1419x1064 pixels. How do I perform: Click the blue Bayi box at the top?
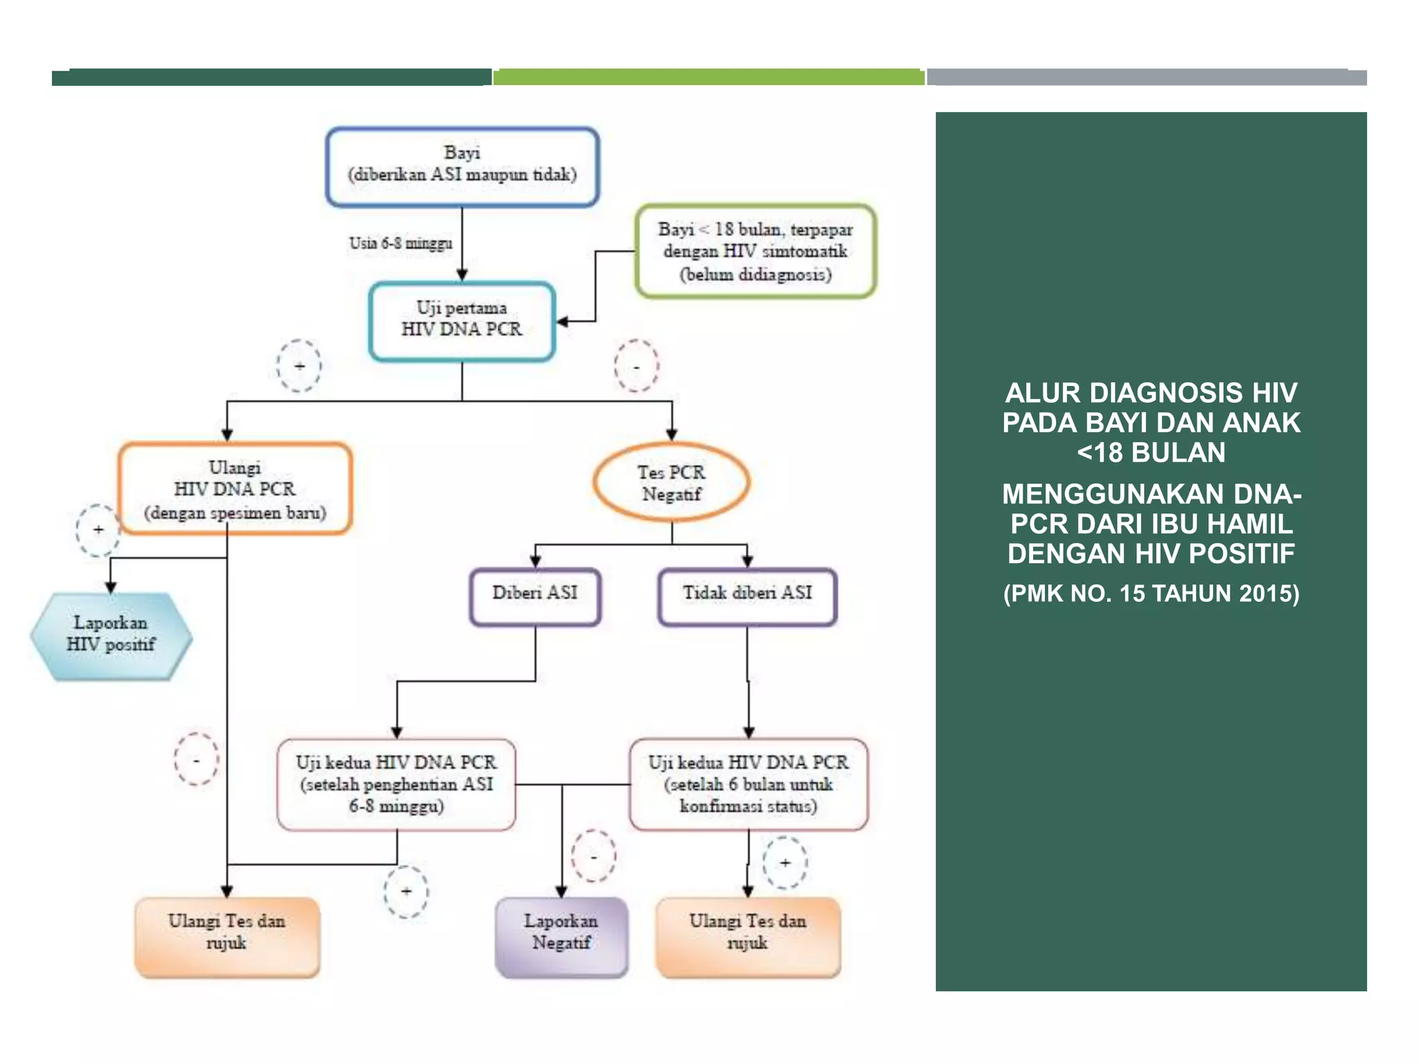pyautogui.click(x=462, y=166)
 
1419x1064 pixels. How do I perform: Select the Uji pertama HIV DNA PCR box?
pyautogui.click(x=462, y=321)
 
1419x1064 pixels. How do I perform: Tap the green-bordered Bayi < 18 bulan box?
pyautogui.click(x=755, y=251)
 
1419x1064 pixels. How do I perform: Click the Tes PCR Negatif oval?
pyautogui.click(x=671, y=483)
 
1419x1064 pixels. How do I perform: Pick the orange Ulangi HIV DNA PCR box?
pyautogui.click(x=235, y=489)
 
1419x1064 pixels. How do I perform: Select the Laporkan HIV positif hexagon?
pyautogui.click(x=111, y=635)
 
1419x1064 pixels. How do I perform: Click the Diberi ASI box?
pyautogui.click(x=535, y=596)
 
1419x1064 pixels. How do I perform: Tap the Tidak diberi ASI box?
pyautogui.click(x=747, y=596)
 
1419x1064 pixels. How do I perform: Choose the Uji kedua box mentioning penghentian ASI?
pyautogui.click(x=396, y=784)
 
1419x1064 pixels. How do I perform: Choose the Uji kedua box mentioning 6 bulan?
pyautogui.click(x=748, y=784)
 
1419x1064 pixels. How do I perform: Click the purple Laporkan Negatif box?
pyautogui.click(x=561, y=936)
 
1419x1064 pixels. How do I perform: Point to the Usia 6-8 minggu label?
pyautogui.click(x=400, y=243)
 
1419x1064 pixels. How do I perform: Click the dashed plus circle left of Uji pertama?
pyautogui.click(x=299, y=366)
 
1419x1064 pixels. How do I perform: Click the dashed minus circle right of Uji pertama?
pyautogui.click(x=636, y=366)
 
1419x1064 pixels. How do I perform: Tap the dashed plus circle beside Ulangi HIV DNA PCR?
pyautogui.click(x=98, y=530)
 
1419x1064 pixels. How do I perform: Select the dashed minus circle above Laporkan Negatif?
pyautogui.click(x=593, y=856)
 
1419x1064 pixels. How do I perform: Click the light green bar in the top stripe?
pyautogui.click(x=708, y=77)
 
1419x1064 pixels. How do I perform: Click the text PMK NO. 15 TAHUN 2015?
pyautogui.click(x=1151, y=594)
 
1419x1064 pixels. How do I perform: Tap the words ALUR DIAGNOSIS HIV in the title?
pyautogui.click(x=1151, y=393)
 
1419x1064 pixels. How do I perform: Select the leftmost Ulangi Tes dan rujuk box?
pyautogui.click(x=227, y=936)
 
